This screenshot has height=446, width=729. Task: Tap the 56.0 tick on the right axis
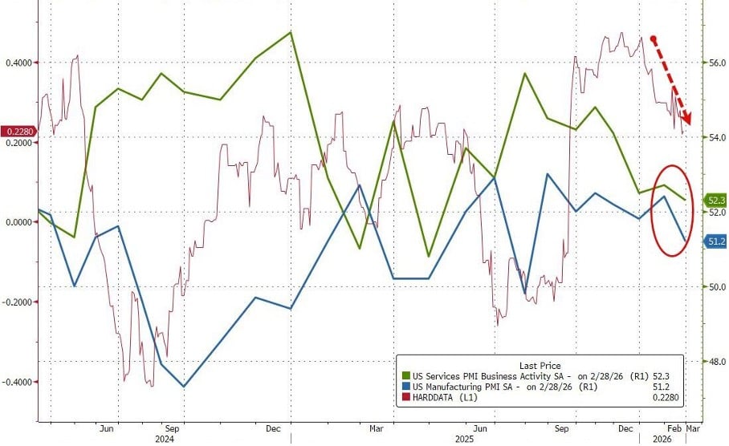714,63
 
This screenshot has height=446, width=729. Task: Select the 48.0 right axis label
714,362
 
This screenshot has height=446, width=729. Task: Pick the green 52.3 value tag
715,200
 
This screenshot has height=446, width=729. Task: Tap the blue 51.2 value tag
715,240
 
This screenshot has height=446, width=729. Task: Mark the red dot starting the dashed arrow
654,39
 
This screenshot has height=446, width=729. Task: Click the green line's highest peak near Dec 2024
290,33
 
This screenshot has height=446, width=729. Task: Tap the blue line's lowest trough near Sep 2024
184,387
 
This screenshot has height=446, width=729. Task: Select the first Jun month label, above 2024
106,428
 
